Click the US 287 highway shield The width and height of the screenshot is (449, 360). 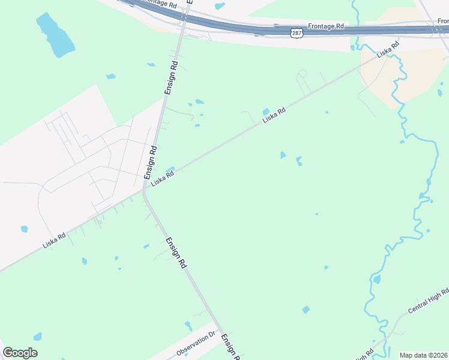coord(297,34)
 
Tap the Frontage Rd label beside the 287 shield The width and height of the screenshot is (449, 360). coord(326,27)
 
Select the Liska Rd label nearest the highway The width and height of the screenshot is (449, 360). coord(388,50)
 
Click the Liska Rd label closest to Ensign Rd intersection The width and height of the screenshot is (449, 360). coord(162,178)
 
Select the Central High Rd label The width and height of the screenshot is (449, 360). coord(428,301)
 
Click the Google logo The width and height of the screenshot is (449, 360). coord(20,353)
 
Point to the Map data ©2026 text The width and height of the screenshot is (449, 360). coord(423,355)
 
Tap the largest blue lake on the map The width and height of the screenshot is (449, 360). coord(55,35)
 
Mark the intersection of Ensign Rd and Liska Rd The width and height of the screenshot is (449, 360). coord(144,190)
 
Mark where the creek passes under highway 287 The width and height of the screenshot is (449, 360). coord(355,28)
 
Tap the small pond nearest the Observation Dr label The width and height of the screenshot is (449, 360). coord(188,326)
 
